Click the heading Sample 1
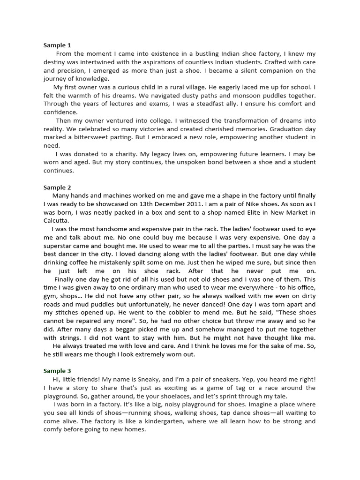point(57,45)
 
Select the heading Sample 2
point(57,187)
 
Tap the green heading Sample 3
point(57,371)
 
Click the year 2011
point(190,204)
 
